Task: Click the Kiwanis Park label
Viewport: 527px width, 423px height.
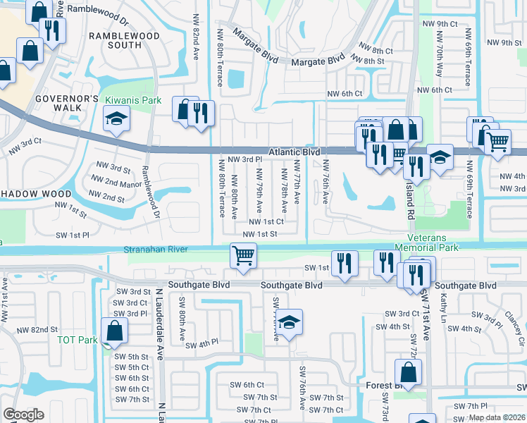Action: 133,101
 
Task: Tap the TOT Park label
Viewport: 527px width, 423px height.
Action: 77,340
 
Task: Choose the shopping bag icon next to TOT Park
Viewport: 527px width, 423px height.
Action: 114,331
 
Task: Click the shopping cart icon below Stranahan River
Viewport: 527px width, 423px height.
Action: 243,255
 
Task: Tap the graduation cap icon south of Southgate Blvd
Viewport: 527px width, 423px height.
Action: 288,321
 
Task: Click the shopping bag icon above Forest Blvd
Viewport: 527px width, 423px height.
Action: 408,372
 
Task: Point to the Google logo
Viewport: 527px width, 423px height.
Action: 23,414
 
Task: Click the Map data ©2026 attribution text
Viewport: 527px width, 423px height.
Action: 497,417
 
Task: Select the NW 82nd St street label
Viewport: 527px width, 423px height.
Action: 37,329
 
